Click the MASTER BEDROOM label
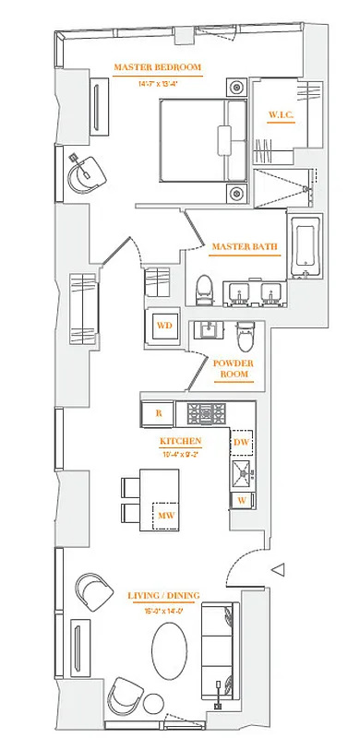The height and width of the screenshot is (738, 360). pos(156,67)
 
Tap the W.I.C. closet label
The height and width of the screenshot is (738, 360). pos(282,114)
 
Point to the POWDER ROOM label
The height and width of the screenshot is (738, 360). pos(233,368)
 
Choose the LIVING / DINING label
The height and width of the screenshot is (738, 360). pos(163,596)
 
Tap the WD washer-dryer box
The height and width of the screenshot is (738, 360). pos(164,326)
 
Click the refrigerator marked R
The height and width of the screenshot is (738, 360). pos(158,412)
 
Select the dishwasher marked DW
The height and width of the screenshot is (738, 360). pos(242,443)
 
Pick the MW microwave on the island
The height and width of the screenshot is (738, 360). pos(166,515)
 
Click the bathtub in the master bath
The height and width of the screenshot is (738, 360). pos(304,246)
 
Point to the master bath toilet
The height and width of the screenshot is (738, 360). pos(205,289)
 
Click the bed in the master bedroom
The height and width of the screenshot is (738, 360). pos(201,140)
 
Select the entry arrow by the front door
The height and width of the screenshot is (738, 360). pos(277,569)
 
